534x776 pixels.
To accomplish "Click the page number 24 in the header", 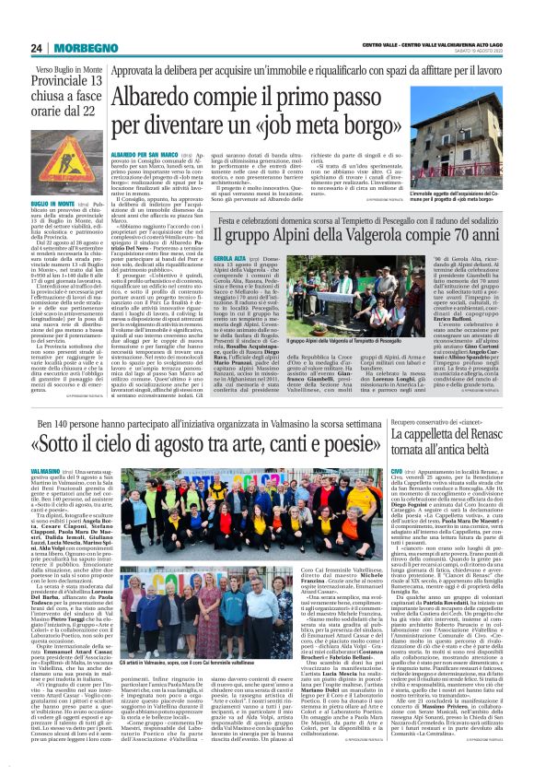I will [x=37, y=48].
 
